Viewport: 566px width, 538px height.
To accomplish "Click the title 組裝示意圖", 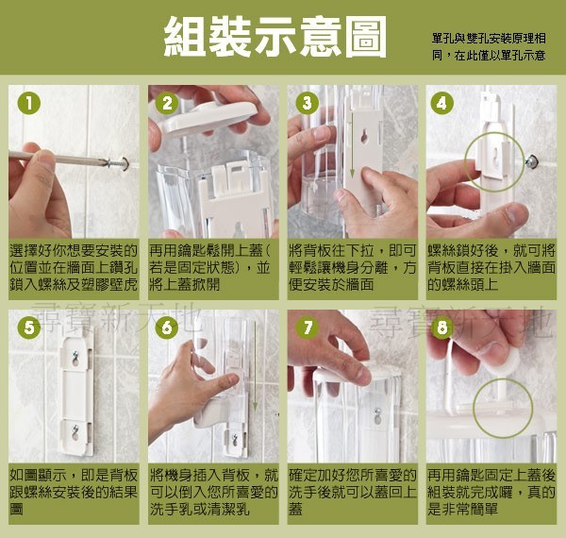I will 275,39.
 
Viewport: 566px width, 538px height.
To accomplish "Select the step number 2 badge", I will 168,104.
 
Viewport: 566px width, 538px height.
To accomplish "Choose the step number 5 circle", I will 29,328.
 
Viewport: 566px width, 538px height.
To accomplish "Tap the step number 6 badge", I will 168,328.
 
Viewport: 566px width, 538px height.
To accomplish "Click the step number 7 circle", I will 307,328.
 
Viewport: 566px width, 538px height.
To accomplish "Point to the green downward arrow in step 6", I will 252,368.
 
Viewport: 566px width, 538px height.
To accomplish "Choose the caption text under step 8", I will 491,492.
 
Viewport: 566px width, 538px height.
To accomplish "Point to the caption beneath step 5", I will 73,492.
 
